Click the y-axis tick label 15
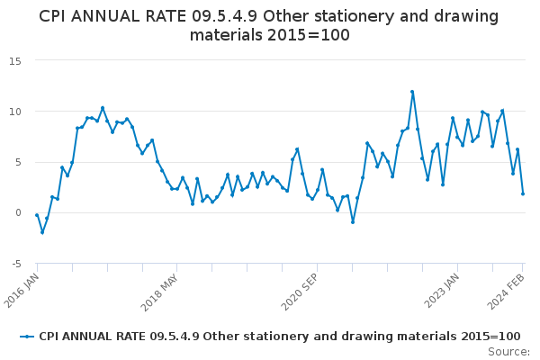click(15, 60)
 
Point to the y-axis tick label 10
click(15, 112)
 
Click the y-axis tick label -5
click(15, 264)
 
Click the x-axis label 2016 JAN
click(22, 287)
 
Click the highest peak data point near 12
click(412, 92)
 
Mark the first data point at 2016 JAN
click(37, 215)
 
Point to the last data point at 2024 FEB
click(523, 193)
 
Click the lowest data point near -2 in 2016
click(42, 232)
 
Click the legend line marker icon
click(27, 336)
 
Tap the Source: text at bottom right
click(508, 352)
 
